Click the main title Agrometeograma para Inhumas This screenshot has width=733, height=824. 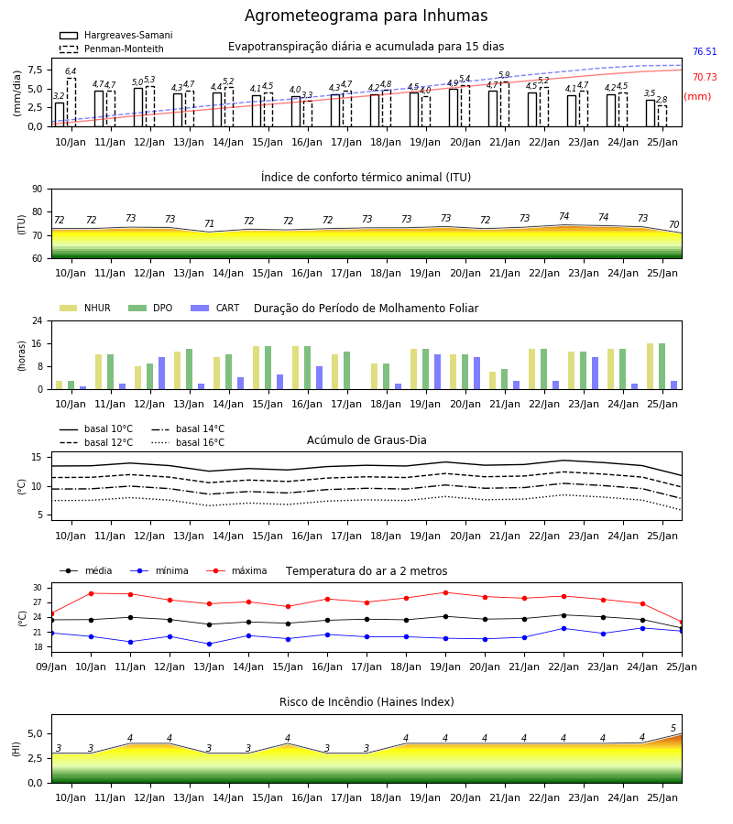point(366,16)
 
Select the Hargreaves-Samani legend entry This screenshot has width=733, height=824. point(115,35)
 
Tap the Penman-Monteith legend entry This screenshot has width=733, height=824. point(112,49)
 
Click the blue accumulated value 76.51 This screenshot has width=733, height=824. point(705,51)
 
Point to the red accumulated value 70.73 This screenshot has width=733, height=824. point(705,77)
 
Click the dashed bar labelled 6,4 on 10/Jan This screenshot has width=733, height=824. point(71,103)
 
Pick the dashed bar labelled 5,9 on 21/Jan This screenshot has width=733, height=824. point(505,104)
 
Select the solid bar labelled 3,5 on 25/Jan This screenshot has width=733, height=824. point(651,114)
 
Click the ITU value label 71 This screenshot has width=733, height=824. point(209,224)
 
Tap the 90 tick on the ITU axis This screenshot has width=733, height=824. point(37,190)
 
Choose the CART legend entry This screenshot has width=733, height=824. point(214,308)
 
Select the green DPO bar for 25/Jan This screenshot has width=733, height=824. point(662,366)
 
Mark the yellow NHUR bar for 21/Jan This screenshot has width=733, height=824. point(493,381)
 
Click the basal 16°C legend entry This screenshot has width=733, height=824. point(188,442)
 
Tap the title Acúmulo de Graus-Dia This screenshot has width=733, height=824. point(366,439)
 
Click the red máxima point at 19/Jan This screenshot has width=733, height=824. point(446,592)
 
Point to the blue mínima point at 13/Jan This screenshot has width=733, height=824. point(209,644)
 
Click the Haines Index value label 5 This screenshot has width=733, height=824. point(673,729)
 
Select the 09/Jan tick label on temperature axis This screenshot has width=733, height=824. point(51,667)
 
